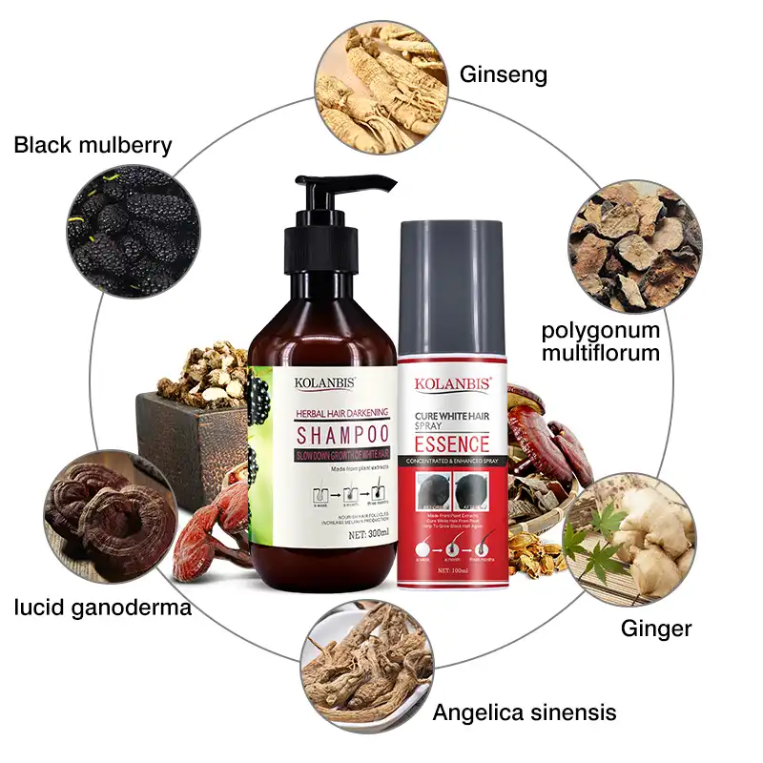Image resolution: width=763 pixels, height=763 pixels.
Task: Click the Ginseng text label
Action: (504, 73)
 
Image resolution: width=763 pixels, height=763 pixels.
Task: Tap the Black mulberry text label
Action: (93, 145)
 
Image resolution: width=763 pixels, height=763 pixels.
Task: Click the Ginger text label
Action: (656, 629)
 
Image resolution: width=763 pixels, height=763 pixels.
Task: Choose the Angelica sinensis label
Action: (525, 711)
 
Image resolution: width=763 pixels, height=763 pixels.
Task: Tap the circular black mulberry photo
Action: (133, 231)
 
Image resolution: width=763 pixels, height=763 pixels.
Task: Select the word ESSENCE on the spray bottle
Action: (452, 444)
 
